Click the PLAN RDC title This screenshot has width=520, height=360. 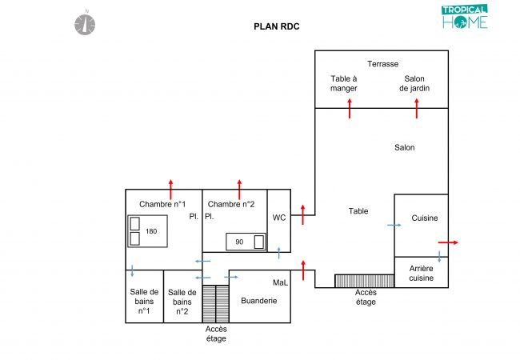click(x=277, y=26)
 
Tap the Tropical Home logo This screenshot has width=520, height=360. click(x=464, y=17)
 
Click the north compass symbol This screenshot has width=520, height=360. click(x=86, y=23)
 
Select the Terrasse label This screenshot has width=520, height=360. click(x=382, y=64)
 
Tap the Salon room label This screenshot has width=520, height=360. click(x=404, y=147)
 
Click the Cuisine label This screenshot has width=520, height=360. click(x=425, y=218)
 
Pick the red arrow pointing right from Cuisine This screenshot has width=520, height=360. click(x=448, y=242)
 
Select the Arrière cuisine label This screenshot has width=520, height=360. click(x=422, y=273)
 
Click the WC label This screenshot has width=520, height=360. click(x=279, y=218)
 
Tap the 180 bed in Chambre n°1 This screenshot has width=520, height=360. click(x=146, y=231)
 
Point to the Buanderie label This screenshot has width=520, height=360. click(x=258, y=301)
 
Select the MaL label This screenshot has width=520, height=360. click(x=280, y=282)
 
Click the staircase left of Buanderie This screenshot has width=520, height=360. click(x=210, y=303)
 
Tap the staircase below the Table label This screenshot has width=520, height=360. click(x=364, y=281)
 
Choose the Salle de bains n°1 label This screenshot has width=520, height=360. click(x=144, y=301)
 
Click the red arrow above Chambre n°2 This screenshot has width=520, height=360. click(x=238, y=190)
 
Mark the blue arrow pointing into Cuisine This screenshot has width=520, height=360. click(x=394, y=226)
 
